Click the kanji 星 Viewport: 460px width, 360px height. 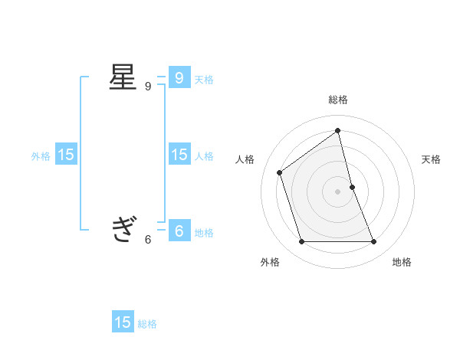(123, 78)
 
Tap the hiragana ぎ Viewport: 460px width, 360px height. (123, 229)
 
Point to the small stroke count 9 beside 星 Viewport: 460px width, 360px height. (148, 87)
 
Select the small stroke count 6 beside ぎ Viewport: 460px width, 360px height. (148, 239)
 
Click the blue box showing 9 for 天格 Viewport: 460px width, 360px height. (179, 78)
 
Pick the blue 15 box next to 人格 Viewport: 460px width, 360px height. (179, 155)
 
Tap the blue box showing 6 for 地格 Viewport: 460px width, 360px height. (179, 230)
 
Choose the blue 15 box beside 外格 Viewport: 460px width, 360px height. (65, 155)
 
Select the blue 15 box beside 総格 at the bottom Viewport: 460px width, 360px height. (123, 322)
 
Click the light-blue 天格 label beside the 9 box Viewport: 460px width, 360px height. (204, 80)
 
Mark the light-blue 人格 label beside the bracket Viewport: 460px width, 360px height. (204, 156)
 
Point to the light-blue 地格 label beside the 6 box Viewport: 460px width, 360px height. (204, 233)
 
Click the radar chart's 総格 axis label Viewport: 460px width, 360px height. (338, 100)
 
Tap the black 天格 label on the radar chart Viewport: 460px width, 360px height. (431, 159)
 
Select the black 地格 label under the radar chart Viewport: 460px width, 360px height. (402, 262)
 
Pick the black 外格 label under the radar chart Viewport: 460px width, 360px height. (270, 262)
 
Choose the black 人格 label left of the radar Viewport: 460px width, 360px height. (245, 159)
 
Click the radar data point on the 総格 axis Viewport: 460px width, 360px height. (338, 130)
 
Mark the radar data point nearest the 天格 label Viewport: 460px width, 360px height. (352, 187)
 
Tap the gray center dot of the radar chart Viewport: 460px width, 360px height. (338, 191)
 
